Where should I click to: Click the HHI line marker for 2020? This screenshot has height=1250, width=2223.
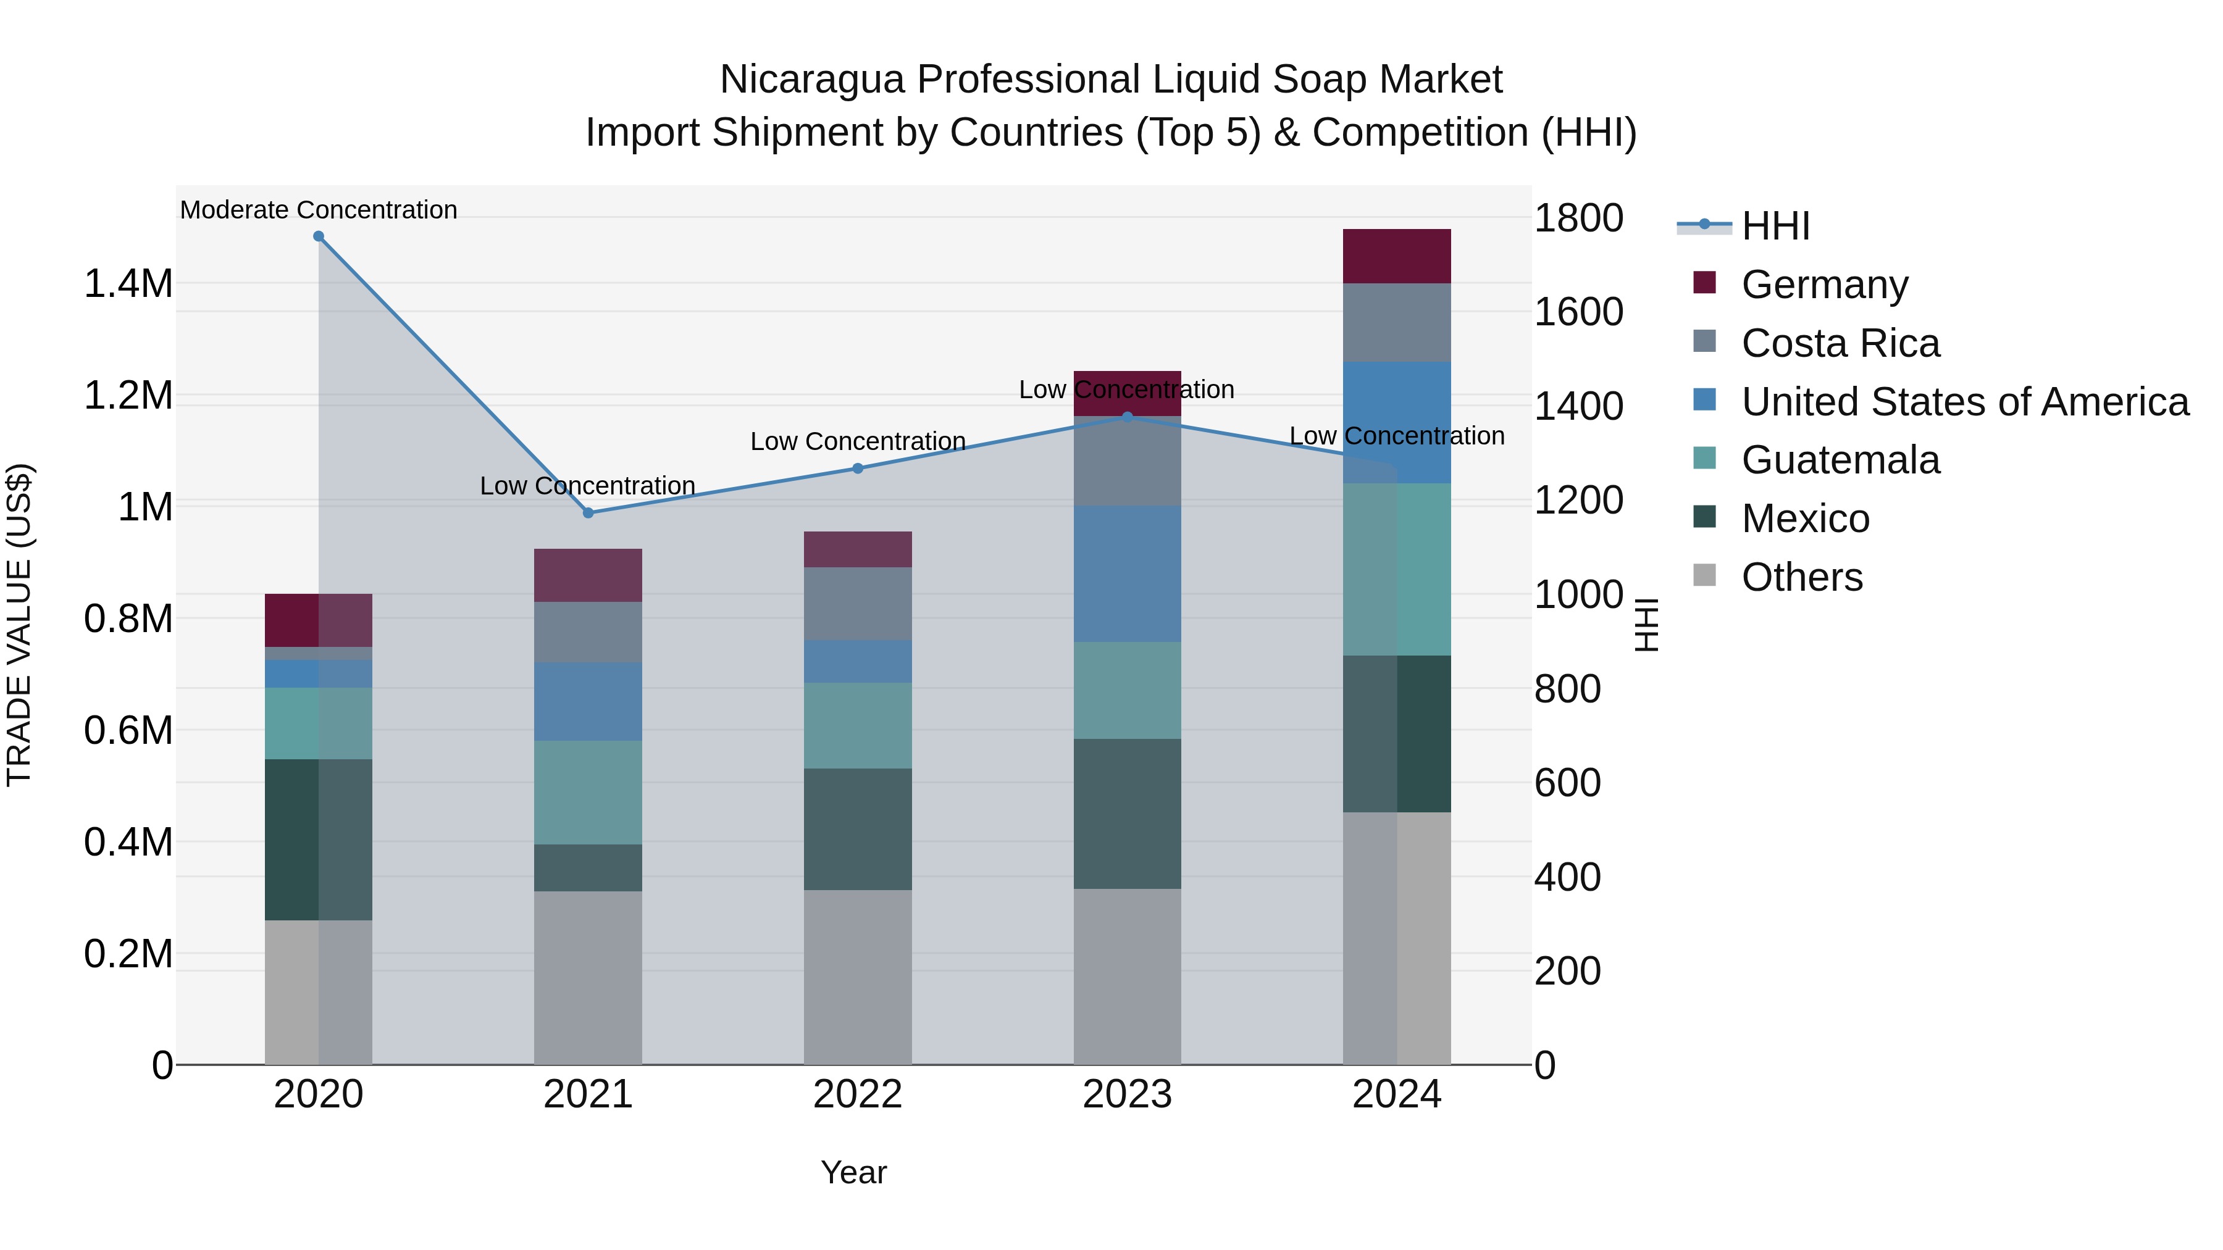(319, 236)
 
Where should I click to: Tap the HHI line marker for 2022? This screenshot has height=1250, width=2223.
(858, 469)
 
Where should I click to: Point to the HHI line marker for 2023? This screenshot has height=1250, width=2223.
(1127, 417)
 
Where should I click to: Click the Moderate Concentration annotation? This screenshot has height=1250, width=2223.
(319, 210)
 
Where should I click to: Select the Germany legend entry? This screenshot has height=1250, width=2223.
(1824, 285)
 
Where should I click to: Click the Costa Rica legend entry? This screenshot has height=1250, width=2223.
(1840, 343)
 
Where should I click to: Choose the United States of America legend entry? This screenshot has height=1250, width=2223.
(1964, 402)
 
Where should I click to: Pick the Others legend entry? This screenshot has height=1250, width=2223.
(1802, 577)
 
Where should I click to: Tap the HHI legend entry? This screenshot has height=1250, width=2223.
(1775, 226)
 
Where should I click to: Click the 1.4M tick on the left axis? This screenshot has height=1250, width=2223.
(128, 284)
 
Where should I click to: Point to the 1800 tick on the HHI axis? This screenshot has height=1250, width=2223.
(1578, 219)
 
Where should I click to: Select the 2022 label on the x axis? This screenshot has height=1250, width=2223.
(858, 1094)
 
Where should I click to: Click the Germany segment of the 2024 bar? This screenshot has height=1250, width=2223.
(1397, 256)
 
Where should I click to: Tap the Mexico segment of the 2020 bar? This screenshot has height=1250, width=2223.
(319, 840)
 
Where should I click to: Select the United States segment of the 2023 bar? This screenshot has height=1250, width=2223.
(1127, 573)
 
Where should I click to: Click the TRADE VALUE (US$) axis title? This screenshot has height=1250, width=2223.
(20, 625)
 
